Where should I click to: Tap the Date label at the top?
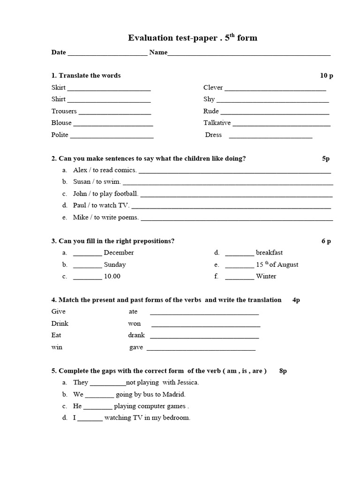point(59,52)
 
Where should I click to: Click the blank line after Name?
point(249,53)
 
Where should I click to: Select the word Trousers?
point(64,111)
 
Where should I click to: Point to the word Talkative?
point(217,123)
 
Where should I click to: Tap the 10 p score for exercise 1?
point(326,75)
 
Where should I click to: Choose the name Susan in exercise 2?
point(82,182)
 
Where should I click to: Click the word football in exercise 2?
point(126,194)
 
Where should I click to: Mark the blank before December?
point(88,254)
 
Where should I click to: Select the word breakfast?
point(269,253)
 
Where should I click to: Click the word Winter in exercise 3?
point(266,276)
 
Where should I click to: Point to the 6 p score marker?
point(326,241)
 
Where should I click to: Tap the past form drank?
point(136,335)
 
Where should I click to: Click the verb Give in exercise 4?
point(59,311)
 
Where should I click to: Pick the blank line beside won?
point(206,325)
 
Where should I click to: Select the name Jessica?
point(187,382)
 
